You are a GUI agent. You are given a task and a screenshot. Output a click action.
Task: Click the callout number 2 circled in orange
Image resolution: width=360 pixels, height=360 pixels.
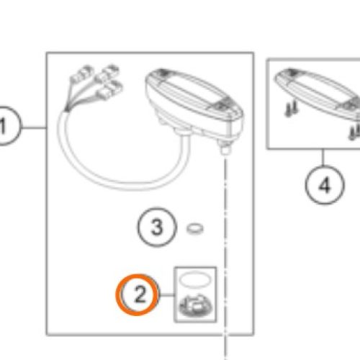tap(138, 294)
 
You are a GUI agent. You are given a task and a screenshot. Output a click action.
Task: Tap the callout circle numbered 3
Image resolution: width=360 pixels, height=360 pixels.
tap(157, 227)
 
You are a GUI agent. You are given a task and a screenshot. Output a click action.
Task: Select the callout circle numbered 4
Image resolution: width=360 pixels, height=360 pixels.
tap(325, 185)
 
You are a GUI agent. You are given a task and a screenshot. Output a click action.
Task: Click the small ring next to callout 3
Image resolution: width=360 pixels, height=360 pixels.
tap(195, 229)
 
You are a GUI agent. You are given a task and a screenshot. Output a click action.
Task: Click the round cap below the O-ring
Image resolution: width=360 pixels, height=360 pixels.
tap(196, 306)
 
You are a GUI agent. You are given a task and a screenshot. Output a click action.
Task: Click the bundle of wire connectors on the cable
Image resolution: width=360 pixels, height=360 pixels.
tap(94, 86)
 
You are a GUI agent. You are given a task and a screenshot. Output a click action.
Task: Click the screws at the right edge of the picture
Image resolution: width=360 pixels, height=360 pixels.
tap(355, 132)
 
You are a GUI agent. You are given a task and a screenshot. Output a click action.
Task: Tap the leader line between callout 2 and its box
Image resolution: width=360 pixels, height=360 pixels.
tap(166, 295)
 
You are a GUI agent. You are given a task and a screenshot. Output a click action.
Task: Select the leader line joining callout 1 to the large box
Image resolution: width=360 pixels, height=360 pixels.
tap(34, 127)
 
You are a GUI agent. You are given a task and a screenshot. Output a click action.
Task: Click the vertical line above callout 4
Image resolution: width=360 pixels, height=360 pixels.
tap(323, 157)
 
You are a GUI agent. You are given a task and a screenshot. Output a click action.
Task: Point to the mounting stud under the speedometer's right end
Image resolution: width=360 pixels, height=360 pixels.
tap(225, 147)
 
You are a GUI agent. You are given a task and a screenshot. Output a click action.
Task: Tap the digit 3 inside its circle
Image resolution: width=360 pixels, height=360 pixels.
tap(157, 227)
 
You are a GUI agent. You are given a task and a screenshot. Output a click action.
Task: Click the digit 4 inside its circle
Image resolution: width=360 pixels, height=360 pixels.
tap(325, 186)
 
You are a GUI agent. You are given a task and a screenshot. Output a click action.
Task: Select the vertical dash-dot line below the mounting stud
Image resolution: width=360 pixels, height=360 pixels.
tap(225, 258)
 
